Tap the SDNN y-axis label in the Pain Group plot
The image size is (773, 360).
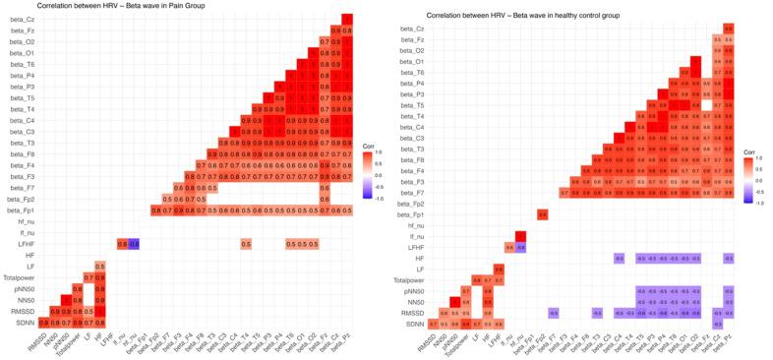pyautogui.click(x=27, y=322)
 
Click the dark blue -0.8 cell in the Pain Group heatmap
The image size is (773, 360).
pyautogui.click(x=134, y=243)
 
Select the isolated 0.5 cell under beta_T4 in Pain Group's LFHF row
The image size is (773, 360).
pyautogui.click(x=246, y=243)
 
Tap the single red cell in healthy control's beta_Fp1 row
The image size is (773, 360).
pyautogui.click(x=542, y=213)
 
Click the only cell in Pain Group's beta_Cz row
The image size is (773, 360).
pyautogui.click(x=346, y=19)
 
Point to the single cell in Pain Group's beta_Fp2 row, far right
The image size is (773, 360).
pyautogui.click(x=325, y=199)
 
